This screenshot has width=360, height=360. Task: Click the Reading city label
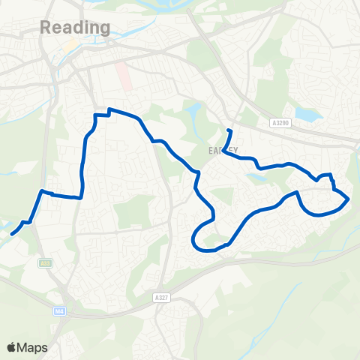pyautogui.click(x=74, y=28)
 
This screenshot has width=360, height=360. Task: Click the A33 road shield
pyautogui.click(x=46, y=262)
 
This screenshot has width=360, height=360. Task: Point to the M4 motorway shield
pyautogui.click(x=58, y=310)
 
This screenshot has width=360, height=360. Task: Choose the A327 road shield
pyautogui.click(x=166, y=276)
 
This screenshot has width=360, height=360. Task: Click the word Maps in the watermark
pyautogui.click(x=34, y=347)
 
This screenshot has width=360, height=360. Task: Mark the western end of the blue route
pyautogui.click(x=12, y=234)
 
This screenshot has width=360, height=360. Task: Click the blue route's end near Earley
pyautogui.click(x=228, y=130)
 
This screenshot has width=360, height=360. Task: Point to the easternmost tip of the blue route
pyautogui.click(x=349, y=199)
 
